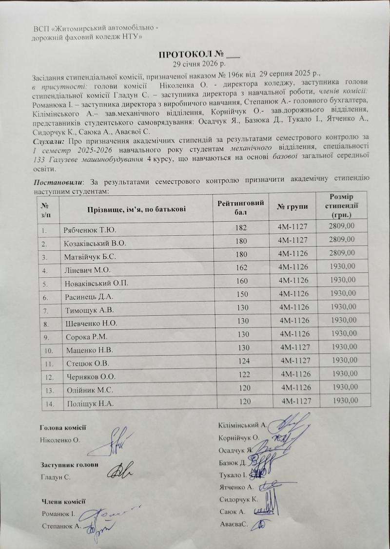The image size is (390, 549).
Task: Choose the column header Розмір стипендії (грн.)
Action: coord(341,206)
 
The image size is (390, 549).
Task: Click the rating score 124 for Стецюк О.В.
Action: coord(241,363)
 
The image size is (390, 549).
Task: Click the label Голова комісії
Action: coord(62,427)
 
